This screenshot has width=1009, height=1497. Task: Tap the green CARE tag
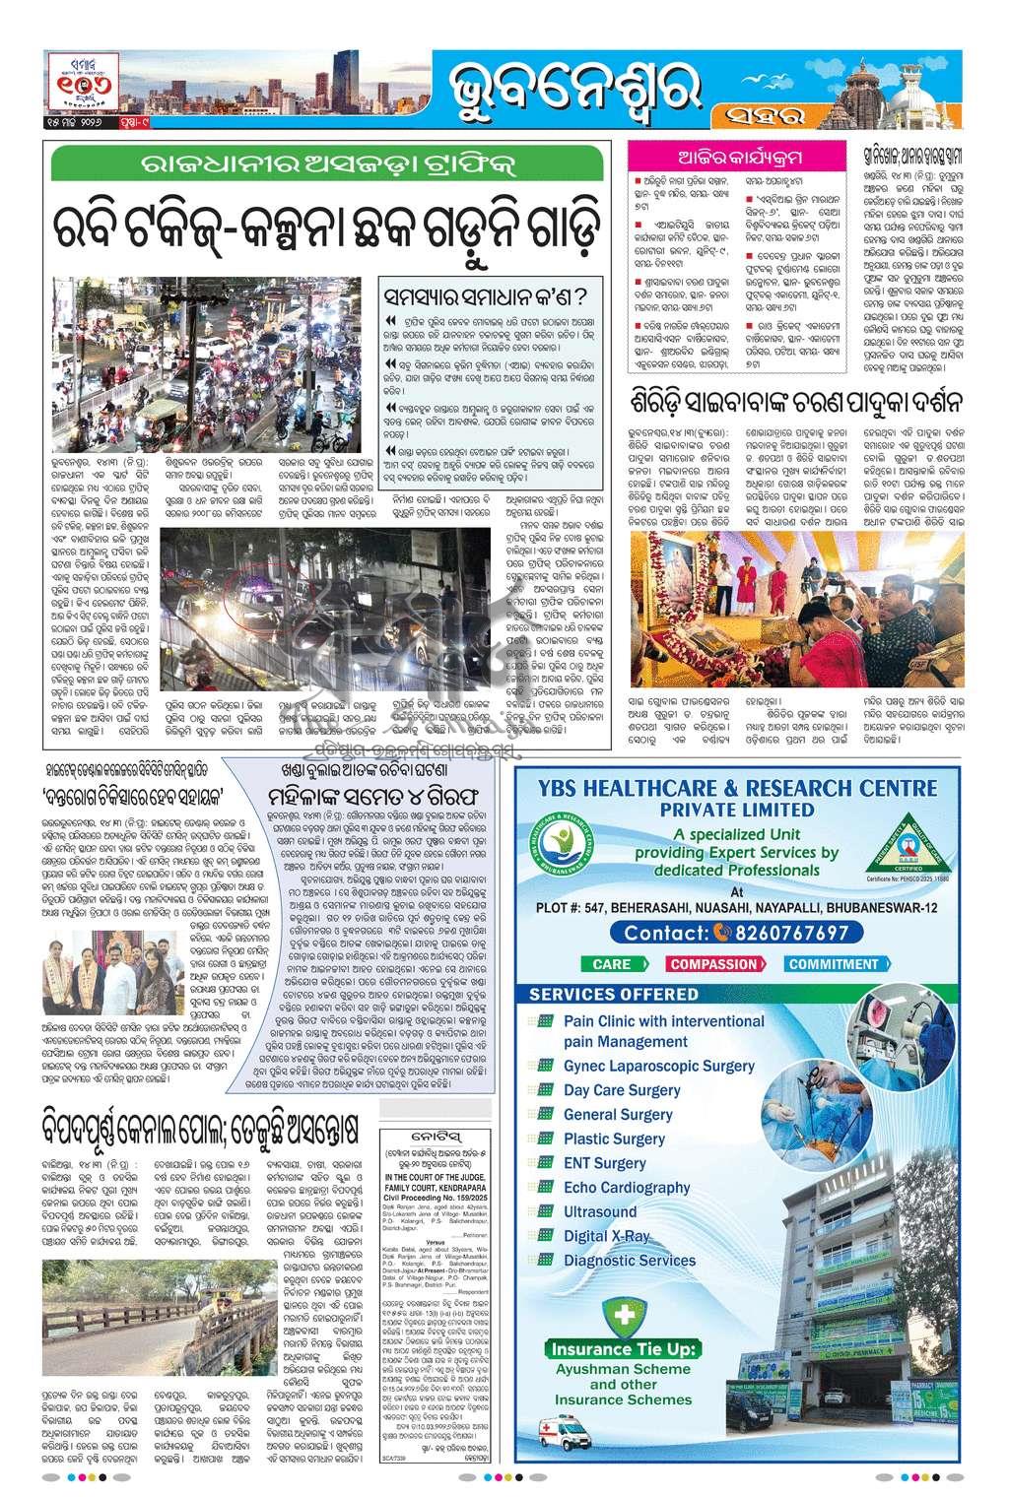point(612,964)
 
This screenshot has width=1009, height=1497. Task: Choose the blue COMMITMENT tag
point(833,964)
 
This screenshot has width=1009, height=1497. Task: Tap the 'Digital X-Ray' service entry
point(607,1235)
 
